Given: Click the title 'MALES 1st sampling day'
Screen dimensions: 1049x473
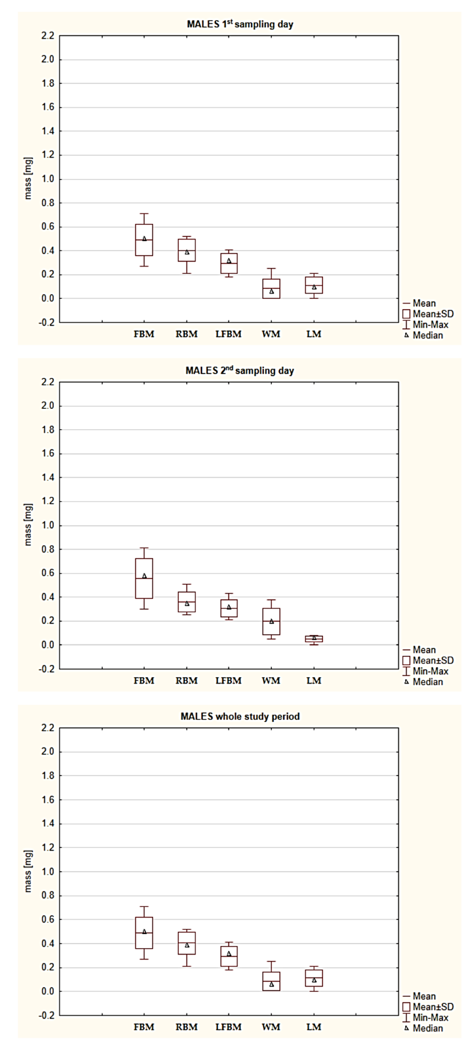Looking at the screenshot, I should click(240, 24).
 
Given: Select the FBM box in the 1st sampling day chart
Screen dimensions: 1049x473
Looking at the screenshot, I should click(144, 240).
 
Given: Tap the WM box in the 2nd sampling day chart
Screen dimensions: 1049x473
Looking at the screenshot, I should click(271, 621).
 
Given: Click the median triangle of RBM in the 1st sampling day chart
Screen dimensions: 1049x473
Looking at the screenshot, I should click(187, 252).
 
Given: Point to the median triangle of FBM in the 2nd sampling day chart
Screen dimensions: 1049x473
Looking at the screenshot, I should click(144, 576).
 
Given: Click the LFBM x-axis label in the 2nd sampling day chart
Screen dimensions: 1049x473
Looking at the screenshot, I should click(228, 680).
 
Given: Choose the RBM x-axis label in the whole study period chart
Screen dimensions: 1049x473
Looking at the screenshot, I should click(186, 1027).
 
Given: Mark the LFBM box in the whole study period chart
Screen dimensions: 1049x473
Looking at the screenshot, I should click(229, 956).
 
